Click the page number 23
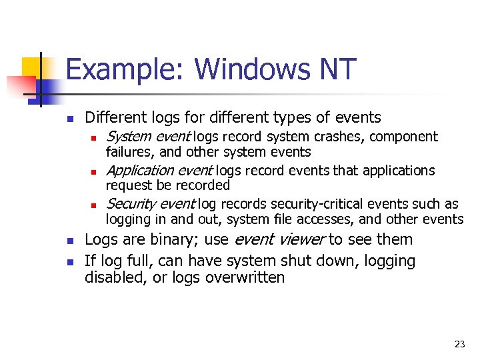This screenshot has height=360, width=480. [x=459, y=344]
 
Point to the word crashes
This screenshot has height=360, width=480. [x=340, y=137]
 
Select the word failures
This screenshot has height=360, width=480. [x=127, y=152]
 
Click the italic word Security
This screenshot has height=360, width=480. [x=129, y=204]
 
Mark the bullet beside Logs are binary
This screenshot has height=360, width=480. [x=69, y=240]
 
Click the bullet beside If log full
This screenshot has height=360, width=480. [x=69, y=261]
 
